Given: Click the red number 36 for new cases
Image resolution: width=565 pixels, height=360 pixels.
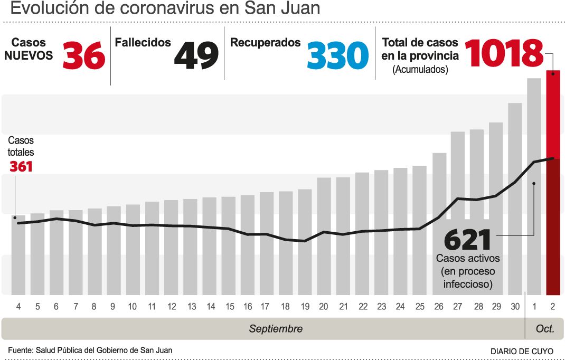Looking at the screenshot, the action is point(84,55).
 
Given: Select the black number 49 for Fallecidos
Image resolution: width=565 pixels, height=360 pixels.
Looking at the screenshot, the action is point(196,55).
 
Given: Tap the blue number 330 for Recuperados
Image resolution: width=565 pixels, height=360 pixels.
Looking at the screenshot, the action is point(338,55).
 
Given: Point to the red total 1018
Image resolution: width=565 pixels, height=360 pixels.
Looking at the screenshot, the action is point(504,53).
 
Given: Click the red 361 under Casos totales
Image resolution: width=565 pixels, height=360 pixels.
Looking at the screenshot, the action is point(21,166).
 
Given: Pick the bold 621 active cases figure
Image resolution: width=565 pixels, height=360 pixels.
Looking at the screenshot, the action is point(468,240).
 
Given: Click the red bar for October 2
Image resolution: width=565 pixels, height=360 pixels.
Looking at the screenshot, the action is point(553,183).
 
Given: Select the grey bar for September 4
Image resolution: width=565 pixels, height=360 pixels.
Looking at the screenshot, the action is point(18,255).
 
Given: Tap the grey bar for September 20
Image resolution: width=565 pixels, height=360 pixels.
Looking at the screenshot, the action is point(324,236).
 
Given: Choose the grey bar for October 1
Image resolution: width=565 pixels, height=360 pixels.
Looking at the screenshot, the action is point(534,187).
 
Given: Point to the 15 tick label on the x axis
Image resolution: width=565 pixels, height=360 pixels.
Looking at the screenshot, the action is point(230,307).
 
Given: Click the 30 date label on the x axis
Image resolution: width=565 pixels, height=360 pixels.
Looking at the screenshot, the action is point(515,307).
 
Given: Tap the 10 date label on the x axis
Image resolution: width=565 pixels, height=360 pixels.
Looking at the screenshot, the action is point(132,307).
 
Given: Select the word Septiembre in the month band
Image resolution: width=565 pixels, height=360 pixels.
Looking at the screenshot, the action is point(276,329).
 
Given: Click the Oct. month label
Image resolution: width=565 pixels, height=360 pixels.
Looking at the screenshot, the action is point(545,329).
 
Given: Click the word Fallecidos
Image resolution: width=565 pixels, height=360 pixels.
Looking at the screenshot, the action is point(143,43).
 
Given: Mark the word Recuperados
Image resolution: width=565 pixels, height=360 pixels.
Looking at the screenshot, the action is point(265,43).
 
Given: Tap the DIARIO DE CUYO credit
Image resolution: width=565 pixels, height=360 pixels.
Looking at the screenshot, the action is point(522,352).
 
